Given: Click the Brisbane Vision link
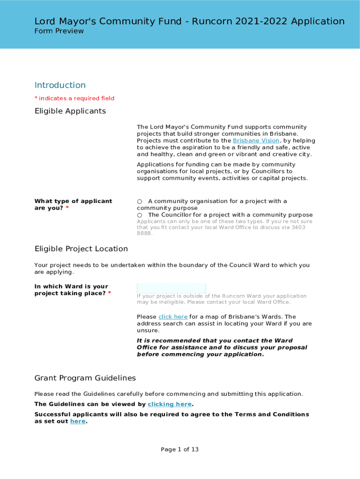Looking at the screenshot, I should click(x=256, y=141).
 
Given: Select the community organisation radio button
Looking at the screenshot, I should click(x=139, y=202).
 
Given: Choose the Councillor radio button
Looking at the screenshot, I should click(x=139, y=215).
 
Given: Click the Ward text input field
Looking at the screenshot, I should click(x=171, y=288).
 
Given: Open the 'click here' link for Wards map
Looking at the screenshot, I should click(x=173, y=317).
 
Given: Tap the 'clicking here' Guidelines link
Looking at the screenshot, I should click(x=170, y=404).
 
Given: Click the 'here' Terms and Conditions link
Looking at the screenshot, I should click(x=78, y=421).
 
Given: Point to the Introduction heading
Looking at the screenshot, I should click(x=60, y=85).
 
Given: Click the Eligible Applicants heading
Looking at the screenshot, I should click(x=70, y=111).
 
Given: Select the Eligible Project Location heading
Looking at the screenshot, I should click(x=81, y=248).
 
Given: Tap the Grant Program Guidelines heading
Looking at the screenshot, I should click(x=85, y=378).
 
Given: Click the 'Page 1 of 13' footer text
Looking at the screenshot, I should click(x=180, y=450).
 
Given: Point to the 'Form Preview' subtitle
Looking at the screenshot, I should click(x=59, y=31).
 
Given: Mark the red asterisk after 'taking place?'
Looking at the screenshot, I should click(x=109, y=293).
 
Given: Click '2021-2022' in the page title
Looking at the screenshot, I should click(x=262, y=21).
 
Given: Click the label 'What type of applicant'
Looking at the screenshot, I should click(x=73, y=201).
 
